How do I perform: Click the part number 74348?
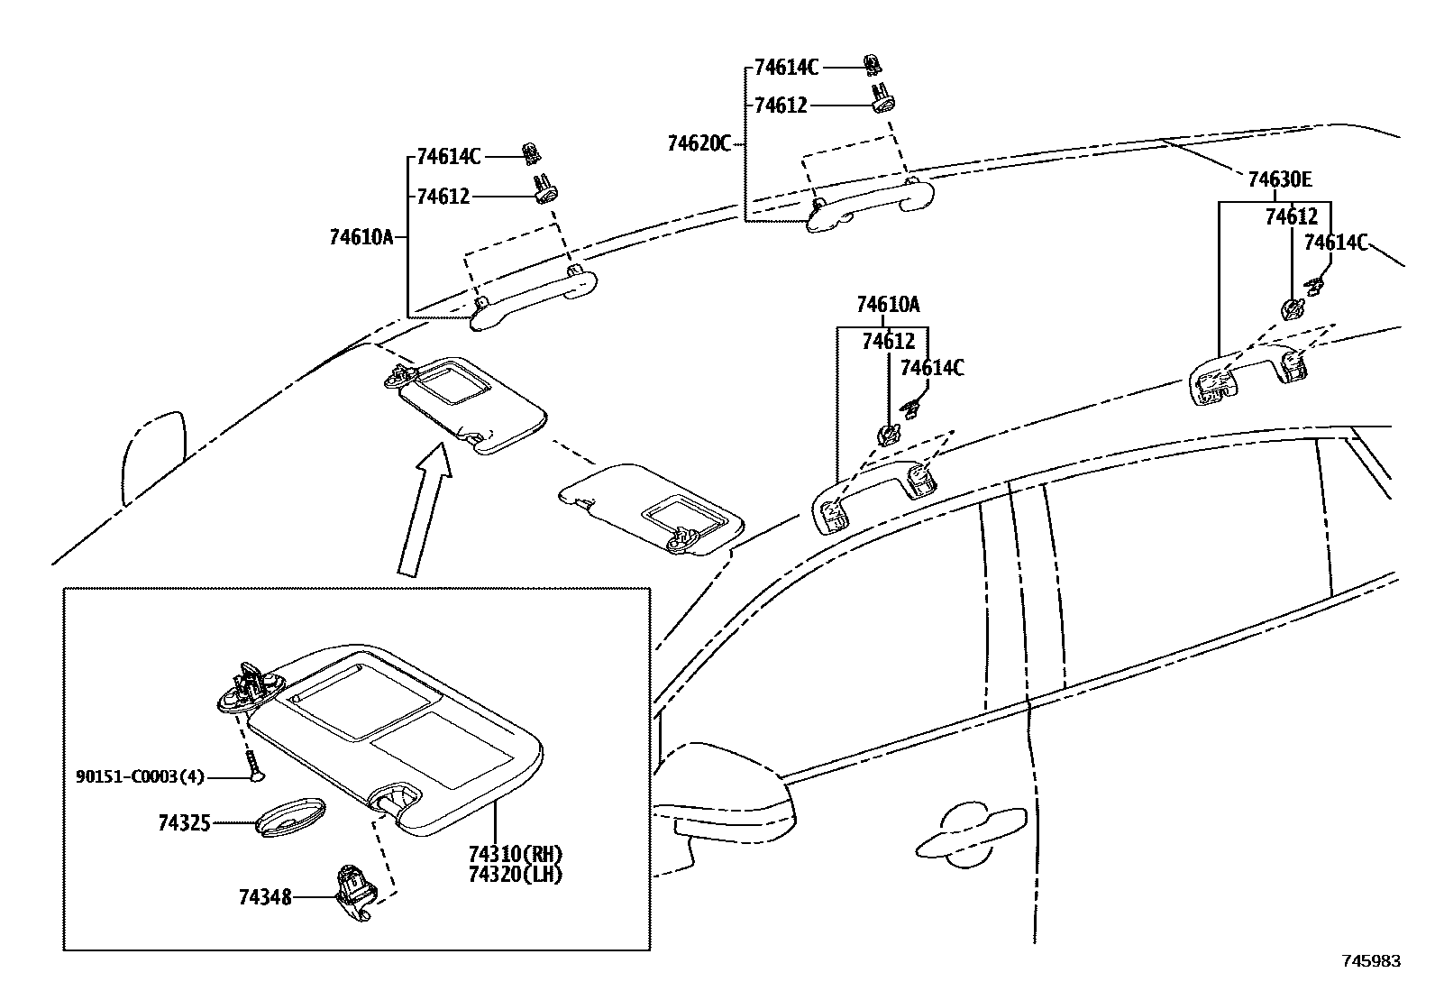[x=265, y=897]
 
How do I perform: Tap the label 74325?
[x=184, y=822]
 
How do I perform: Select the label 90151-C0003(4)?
[x=140, y=775]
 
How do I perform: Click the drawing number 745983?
[x=1372, y=961]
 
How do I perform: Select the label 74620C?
[x=699, y=143]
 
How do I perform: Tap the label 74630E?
[x=1279, y=180]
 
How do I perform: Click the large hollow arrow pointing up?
[x=423, y=509]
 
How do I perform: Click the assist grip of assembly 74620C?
[x=870, y=205]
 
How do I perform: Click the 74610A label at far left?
[x=361, y=238]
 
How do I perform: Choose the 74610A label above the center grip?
[x=888, y=305]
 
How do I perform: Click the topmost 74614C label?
[x=786, y=68]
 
